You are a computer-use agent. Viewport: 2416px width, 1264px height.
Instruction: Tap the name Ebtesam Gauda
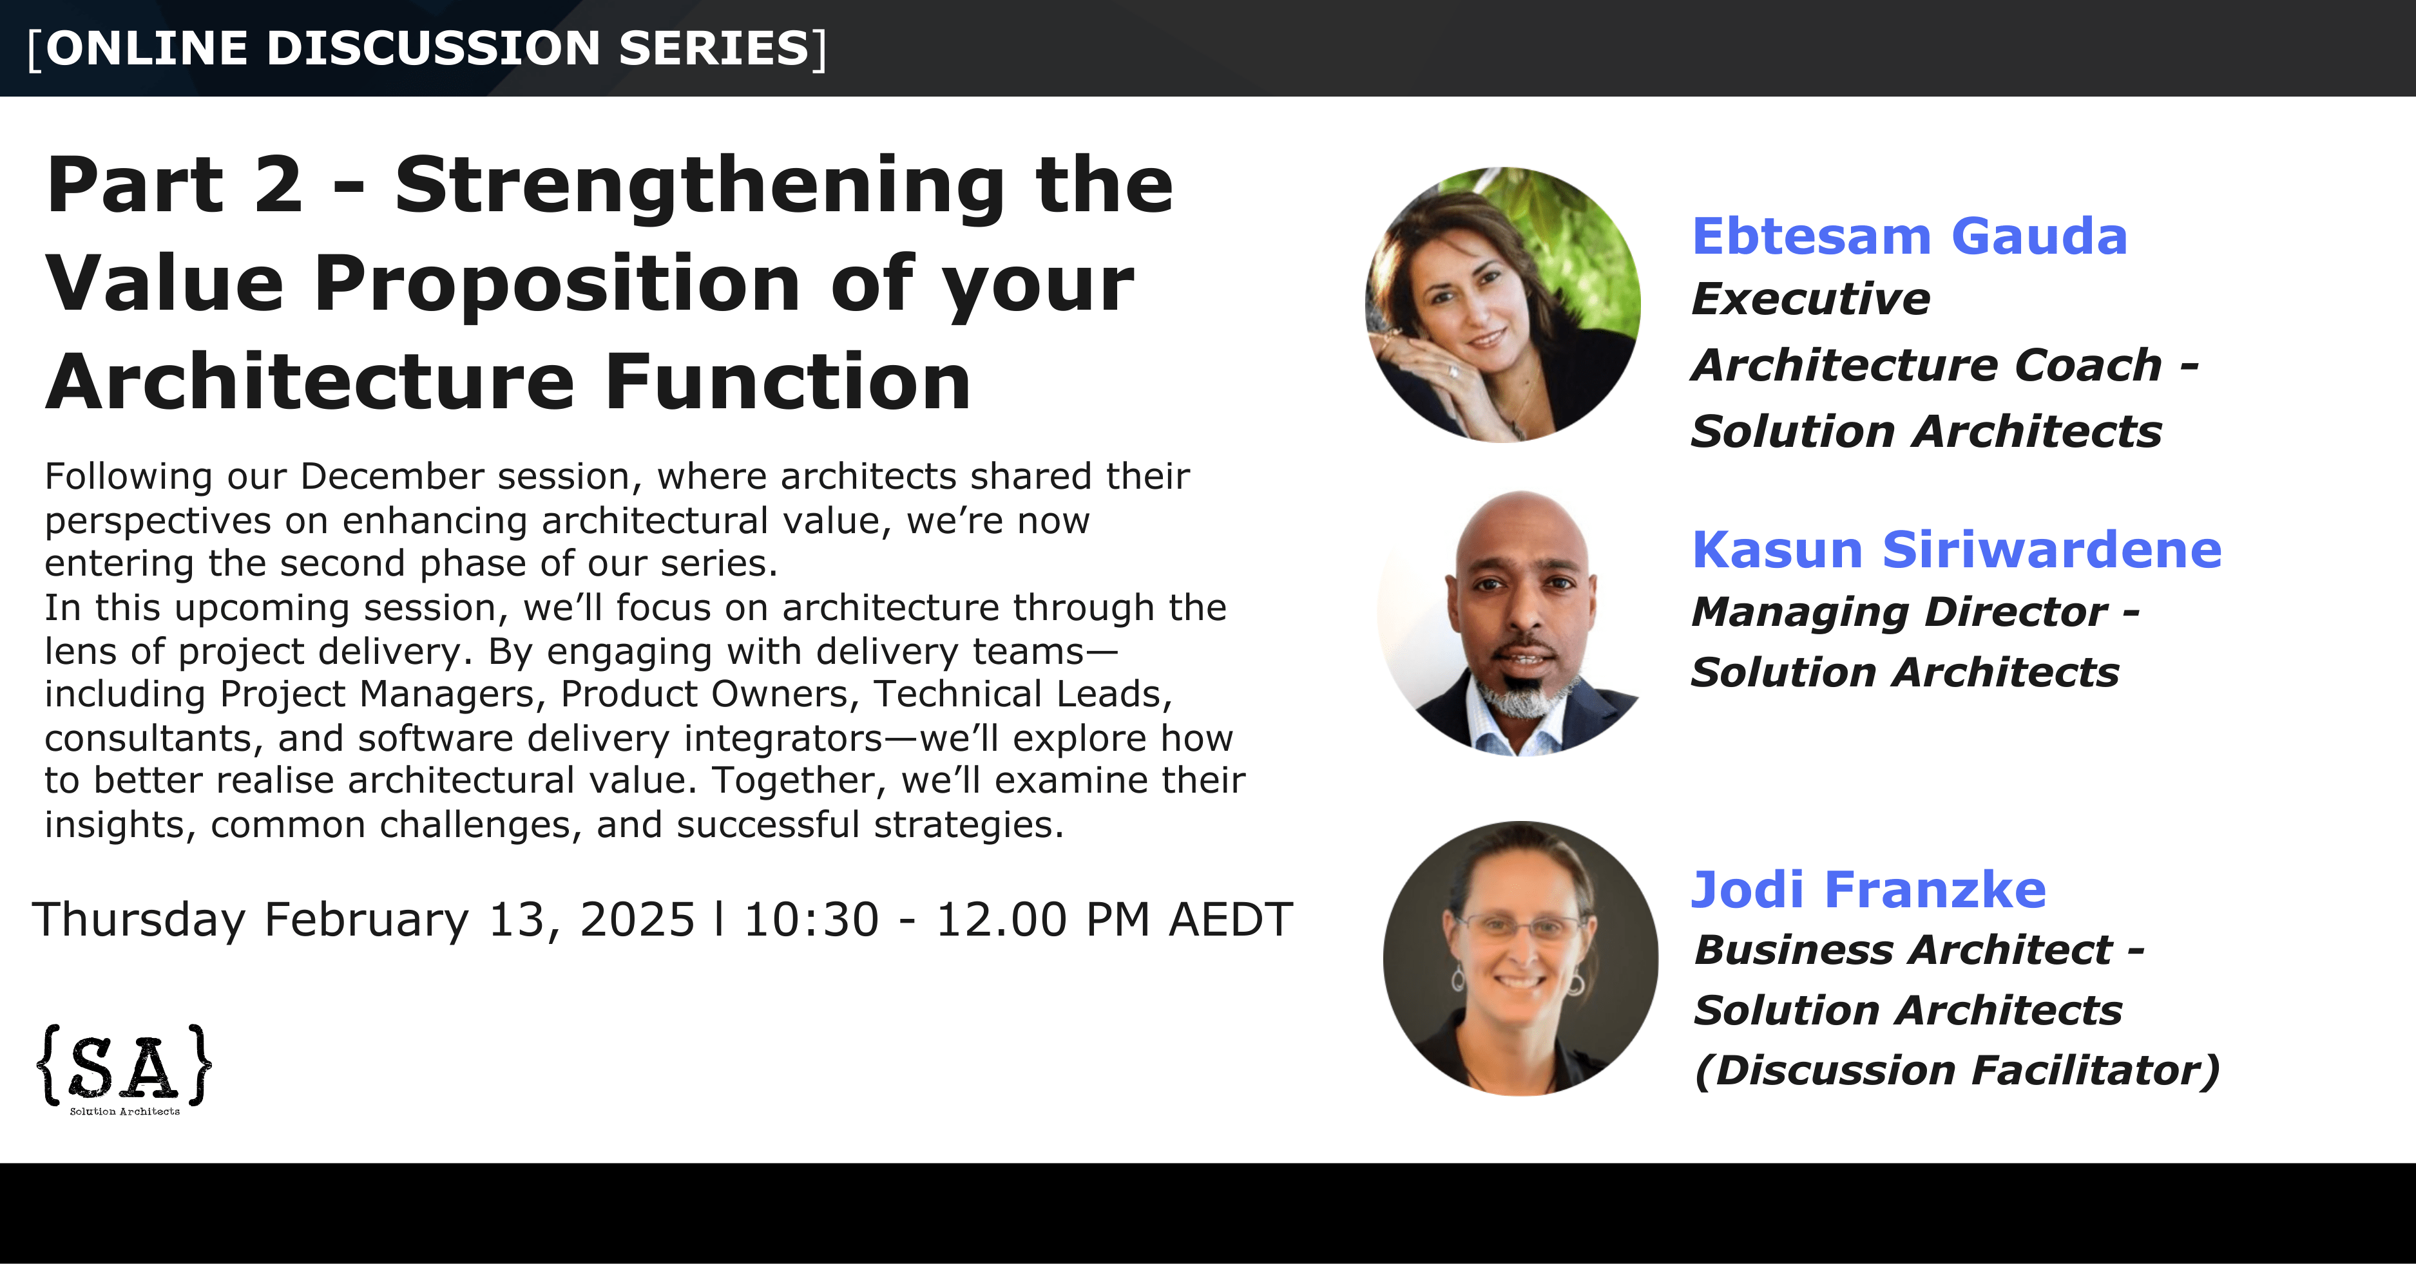pos(1908,236)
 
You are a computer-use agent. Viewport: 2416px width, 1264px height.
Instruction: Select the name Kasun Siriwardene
pos(1957,549)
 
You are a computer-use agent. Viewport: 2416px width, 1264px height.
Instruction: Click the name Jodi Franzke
pos(1868,889)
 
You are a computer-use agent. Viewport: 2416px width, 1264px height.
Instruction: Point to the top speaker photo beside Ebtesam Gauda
pos(1502,305)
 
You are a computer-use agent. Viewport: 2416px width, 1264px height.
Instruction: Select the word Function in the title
pos(788,382)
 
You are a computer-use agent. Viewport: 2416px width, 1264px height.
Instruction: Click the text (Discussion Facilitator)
pos(1957,1070)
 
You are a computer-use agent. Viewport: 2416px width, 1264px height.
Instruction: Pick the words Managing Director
pos(1900,612)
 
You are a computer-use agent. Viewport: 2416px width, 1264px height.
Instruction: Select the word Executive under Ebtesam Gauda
pos(1811,299)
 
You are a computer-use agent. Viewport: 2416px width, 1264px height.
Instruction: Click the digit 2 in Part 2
pos(278,185)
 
